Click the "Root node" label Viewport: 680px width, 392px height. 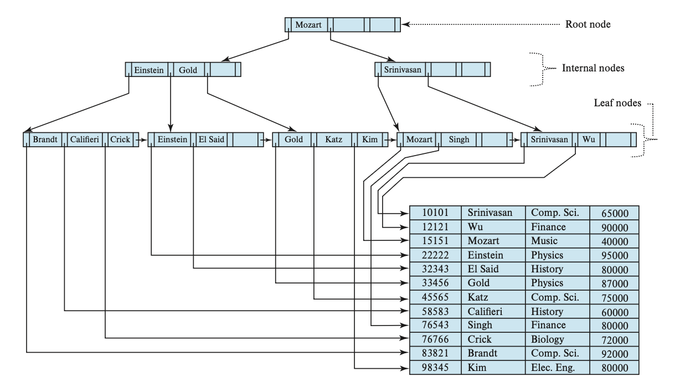588,25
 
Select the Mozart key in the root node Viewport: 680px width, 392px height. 307,25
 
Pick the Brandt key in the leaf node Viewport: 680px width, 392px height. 44,140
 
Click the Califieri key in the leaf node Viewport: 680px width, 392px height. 84,140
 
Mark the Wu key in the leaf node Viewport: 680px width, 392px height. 589,140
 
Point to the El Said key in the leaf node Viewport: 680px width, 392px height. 211,140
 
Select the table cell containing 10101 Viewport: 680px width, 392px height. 435,213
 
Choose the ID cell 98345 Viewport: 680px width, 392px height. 435,368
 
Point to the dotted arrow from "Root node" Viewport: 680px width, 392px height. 482,25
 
